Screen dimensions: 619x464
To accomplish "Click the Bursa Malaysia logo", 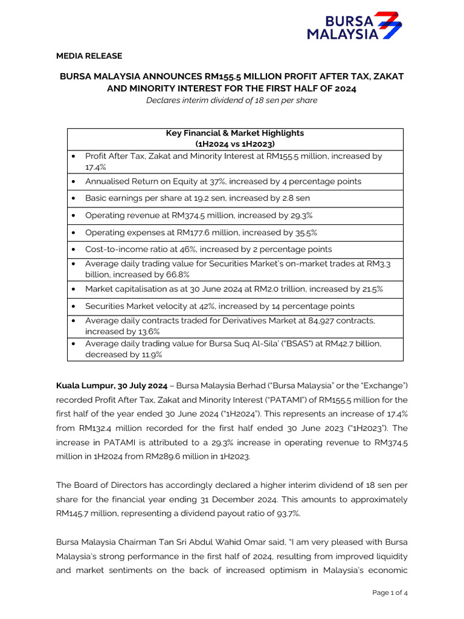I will click(353, 25).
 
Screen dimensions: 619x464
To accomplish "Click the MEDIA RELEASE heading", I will click(89, 56).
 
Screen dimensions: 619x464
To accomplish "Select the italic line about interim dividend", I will click(231, 100).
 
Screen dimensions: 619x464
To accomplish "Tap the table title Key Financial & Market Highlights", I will click(235, 133).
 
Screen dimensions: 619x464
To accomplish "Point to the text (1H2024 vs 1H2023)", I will click(235, 144).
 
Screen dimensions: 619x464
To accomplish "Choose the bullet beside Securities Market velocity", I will click(73, 306).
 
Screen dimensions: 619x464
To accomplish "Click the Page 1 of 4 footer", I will click(390, 593).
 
